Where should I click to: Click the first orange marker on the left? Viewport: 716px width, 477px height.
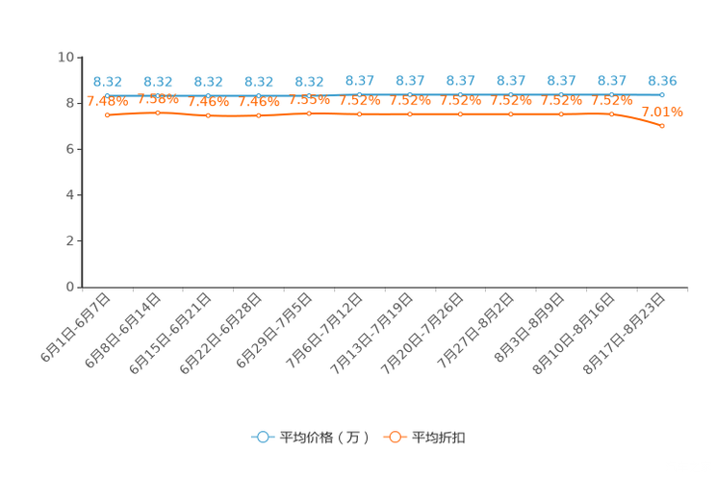108,114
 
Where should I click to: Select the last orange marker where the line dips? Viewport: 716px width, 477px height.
662,126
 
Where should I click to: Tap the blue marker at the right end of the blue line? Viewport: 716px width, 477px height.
662,94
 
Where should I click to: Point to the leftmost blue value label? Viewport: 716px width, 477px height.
108,82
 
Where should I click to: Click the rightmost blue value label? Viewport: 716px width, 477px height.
662,81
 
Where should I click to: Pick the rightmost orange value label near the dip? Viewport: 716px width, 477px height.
663,112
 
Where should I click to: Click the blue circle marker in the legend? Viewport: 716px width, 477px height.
262,437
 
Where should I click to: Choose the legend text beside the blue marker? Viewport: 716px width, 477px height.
323,438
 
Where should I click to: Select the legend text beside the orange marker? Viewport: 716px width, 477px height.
440,438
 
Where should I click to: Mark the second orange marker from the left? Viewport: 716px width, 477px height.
158,112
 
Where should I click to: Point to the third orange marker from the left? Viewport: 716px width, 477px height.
209,115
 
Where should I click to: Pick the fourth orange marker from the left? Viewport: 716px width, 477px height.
259,114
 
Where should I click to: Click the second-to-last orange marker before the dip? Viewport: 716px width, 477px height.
612,113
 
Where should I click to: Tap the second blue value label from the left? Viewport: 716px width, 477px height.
158,82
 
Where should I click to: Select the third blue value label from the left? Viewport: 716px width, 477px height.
209,82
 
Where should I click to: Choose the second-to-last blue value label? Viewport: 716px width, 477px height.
612,81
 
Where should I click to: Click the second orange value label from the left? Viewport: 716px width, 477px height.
158,98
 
